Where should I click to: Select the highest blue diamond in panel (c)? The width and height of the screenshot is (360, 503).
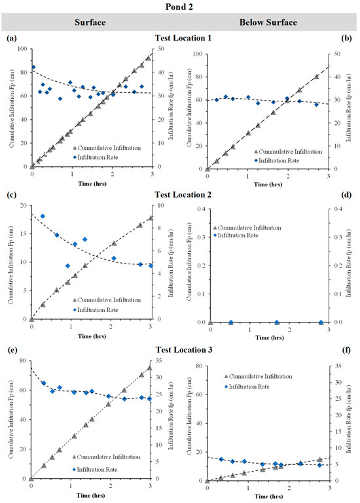[x=43, y=217]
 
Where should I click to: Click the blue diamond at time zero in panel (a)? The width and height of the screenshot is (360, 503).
[x=33, y=67]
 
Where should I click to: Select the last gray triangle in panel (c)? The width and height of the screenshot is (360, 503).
[x=151, y=218]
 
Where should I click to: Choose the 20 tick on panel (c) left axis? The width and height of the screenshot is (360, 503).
[x=23, y=205]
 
